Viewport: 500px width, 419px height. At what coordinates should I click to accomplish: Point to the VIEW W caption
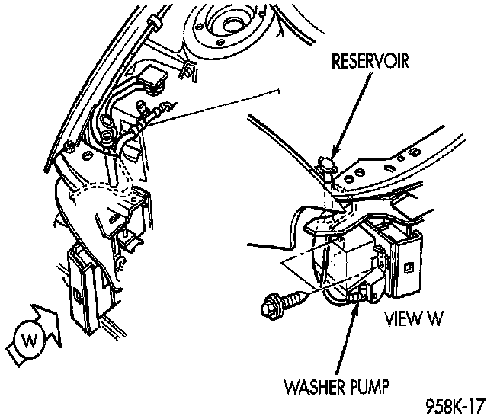tap(414, 318)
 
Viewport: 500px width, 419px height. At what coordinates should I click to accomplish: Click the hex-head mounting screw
tap(271, 305)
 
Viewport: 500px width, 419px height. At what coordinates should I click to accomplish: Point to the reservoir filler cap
tap(326, 162)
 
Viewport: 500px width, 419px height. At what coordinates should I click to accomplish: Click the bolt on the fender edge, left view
tap(69, 145)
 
